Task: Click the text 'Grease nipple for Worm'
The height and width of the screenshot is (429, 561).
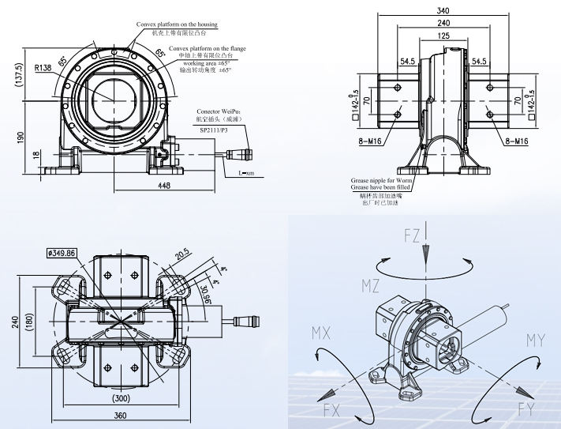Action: pyautogui.click(x=382, y=181)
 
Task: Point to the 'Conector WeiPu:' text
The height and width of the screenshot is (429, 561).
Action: pyautogui.click(x=219, y=111)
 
